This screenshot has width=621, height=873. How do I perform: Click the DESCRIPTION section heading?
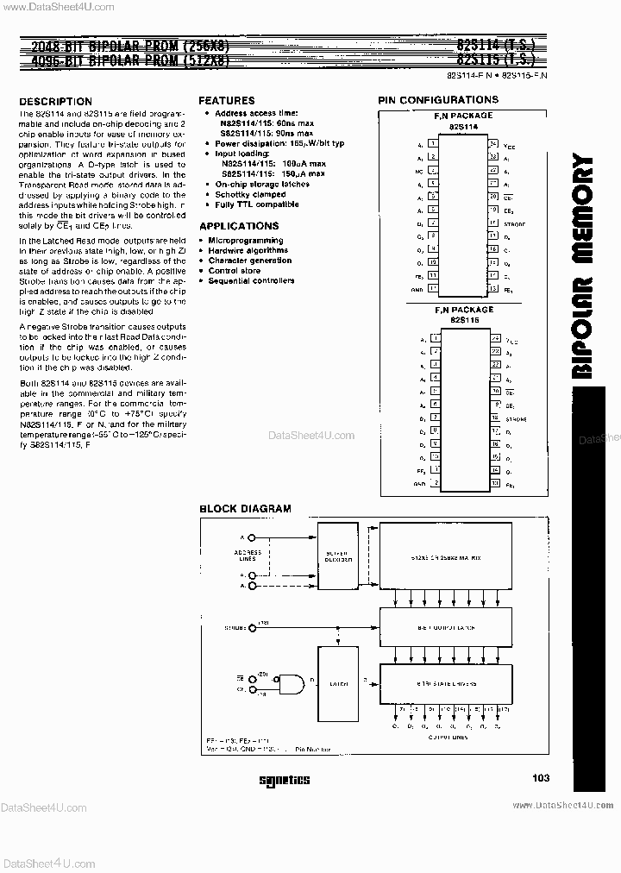tap(55, 102)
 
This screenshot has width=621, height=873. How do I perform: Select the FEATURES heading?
tap(227, 101)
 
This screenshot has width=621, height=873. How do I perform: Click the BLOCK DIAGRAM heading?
tap(245, 509)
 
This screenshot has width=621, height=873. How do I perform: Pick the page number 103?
tap(541, 778)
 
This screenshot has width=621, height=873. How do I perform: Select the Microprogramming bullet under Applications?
tap(245, 241)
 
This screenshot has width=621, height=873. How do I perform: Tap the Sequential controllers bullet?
tap(251, 280)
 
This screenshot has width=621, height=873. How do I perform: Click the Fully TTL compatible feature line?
tap(257, 204)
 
